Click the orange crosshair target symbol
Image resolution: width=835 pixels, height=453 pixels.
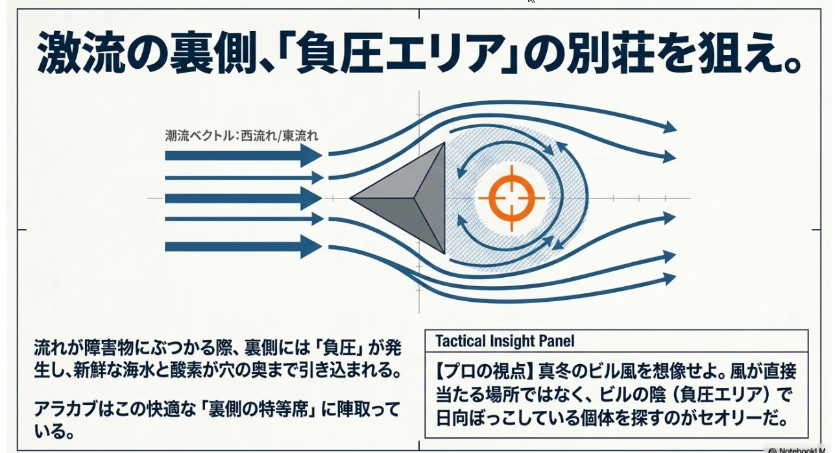(x=511, y=198)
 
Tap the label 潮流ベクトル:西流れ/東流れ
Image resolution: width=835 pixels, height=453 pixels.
(x=241, y=136)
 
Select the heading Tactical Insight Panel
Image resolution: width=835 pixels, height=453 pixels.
(x=505, y=341)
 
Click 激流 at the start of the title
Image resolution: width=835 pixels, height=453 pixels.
(x=81, y=53)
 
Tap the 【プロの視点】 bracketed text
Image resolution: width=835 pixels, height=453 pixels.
(x=485, y=371)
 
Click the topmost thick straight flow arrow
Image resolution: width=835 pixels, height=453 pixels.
(x=244, y=155)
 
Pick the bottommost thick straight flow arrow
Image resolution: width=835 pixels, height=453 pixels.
(x=244, y=247)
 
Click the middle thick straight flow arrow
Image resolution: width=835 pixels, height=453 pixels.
(x=244, y=198)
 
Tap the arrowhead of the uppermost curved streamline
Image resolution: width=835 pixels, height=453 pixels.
(x=670, y=127)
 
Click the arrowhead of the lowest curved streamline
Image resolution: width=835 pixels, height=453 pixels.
(x=669, y=279)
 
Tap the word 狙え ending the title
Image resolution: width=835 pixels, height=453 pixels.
(x=745, y=53)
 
